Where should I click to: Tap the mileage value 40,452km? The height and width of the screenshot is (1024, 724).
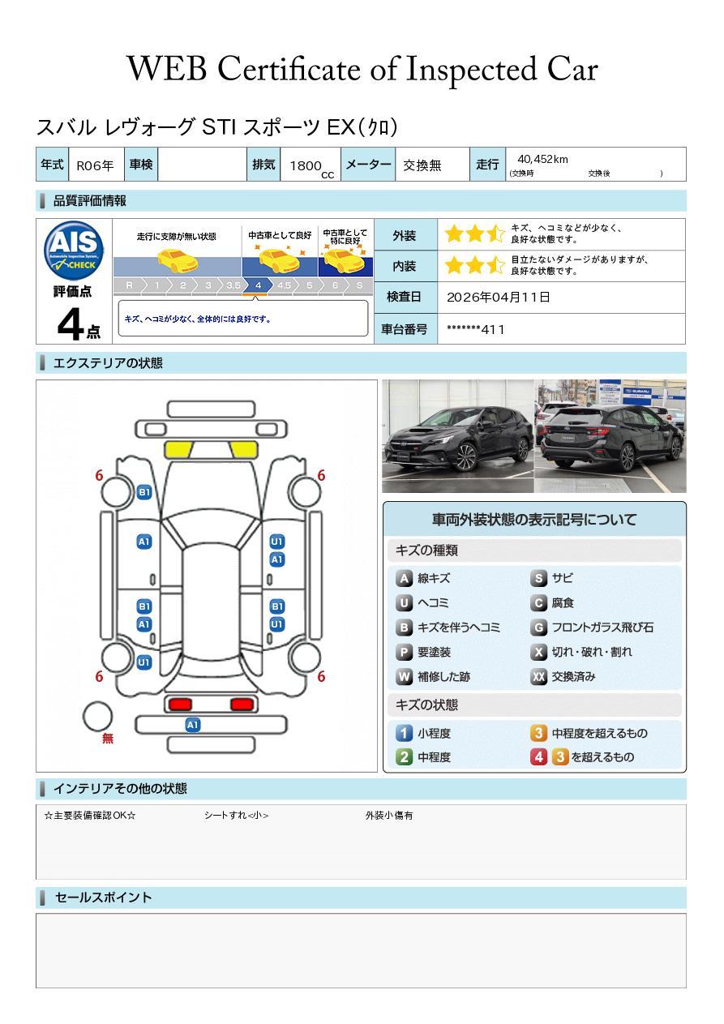pos(542,159)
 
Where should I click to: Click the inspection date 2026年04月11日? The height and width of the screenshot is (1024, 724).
pos(498,298)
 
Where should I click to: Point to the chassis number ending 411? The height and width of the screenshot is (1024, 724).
pos(476,329)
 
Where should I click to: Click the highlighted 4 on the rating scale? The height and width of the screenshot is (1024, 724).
pos(258,285)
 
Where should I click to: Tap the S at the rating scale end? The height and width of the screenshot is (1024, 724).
pos(359,285)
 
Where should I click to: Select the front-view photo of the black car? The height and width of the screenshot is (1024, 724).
pos(457,436)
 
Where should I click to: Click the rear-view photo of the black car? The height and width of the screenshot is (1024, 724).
pos(610,436)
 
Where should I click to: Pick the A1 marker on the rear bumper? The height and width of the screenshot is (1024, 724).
pos(193,725)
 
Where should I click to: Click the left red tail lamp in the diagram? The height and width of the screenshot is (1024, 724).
pos(178,704)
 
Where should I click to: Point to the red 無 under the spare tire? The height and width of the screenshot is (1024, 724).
pos(108,739)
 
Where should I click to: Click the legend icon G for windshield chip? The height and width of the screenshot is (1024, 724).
pos(538,628)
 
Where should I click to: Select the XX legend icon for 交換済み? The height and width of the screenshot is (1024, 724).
pos(538,676)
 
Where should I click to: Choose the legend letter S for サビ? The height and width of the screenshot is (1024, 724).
pos(538,579)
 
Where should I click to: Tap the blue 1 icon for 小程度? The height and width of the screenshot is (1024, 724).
pos(404,733)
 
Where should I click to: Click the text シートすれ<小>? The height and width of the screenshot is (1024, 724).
pos(236,816)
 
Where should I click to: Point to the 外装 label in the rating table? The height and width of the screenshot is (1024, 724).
pos(404,236)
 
